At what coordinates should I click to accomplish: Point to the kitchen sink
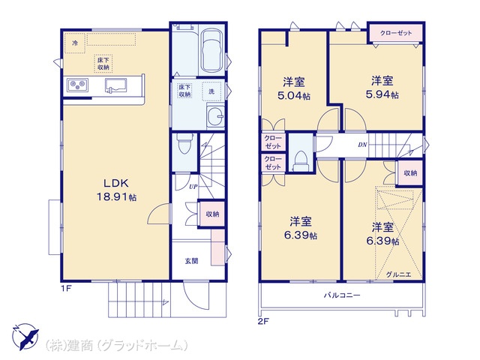tap(117, 85)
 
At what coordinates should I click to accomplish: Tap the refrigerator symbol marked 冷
tap(75, 43)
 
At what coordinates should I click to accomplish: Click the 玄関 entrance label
tap(192, 261)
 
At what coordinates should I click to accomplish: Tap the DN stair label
tap(361, 145)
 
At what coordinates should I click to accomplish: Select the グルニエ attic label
tap(398, 275)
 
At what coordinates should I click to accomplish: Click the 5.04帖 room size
tap(292, 95)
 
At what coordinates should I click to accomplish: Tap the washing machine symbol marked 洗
tap(211, 91)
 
